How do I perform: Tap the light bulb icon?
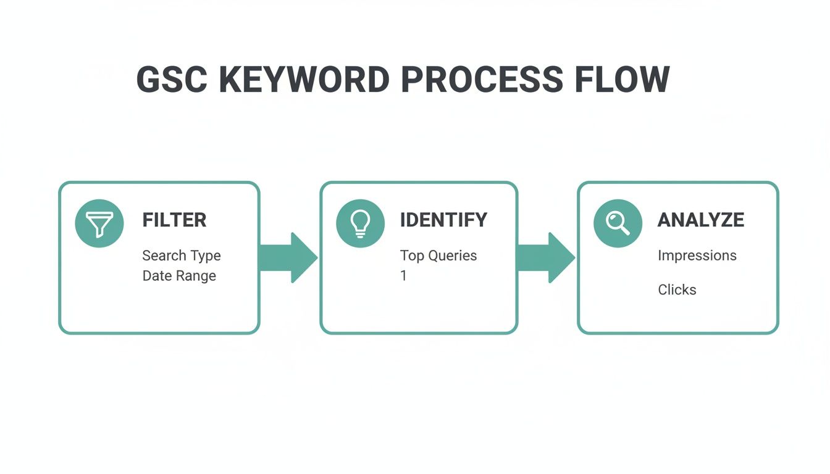359,223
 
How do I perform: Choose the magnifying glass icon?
617,223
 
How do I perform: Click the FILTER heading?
174,220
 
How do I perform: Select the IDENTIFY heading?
443,220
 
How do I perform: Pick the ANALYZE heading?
700,220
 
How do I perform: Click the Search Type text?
182,256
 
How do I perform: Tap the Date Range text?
179,276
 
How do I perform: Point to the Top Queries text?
438,256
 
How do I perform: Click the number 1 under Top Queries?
403,276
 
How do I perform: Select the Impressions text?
697,256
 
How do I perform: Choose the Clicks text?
677,289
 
